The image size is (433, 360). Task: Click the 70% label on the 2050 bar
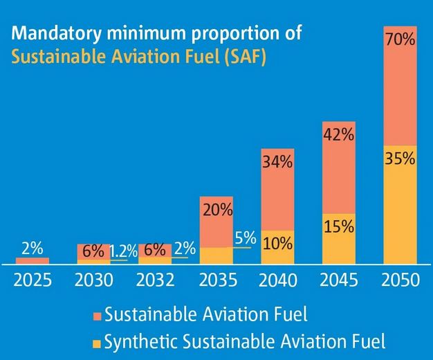[x=400, y=40]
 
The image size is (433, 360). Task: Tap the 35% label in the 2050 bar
[x=400, y=158]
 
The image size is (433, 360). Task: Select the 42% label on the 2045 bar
[x=338, y=136]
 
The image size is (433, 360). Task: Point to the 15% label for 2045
[x=338, y=226]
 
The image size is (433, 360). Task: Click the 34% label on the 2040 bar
[x=277, y=163]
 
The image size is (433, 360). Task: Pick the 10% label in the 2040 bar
[x=277, y=243]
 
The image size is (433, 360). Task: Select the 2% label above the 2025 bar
[x=33, y=248]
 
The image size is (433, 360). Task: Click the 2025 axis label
[x=33, y=280]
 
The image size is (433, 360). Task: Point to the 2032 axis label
[x=156, y=280]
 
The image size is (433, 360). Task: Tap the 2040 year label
[x=278, y=280]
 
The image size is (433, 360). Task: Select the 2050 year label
[x=400, y=280]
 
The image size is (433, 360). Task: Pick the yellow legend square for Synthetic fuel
[x=97, y=341]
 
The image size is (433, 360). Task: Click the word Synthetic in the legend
[x=137, y=341]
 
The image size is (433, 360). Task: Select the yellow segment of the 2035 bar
[x=217, y=255]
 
